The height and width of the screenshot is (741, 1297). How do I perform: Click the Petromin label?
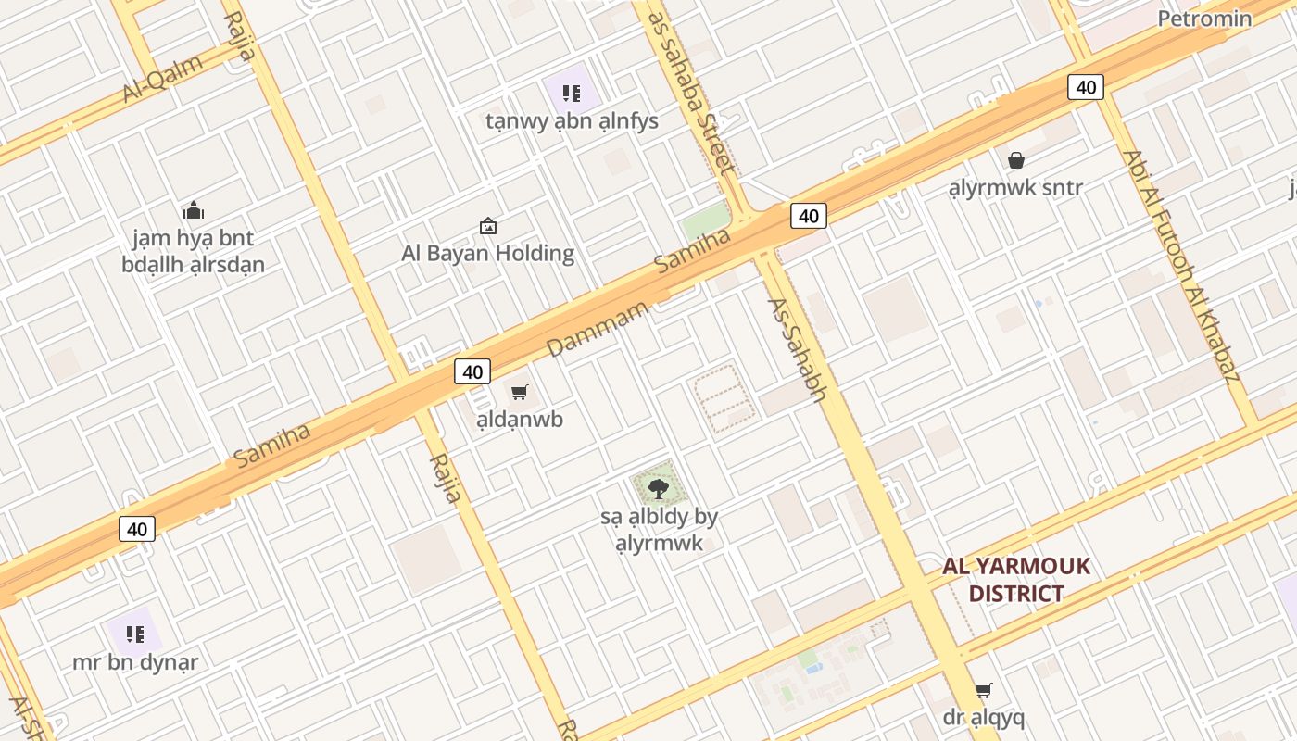tap(1204, 19)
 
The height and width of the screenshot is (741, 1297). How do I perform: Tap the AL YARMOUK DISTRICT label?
tap(1016, 580)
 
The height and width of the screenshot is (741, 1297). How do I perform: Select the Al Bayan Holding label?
tap(487, 253)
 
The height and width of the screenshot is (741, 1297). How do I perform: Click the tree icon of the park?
tap(659, 487)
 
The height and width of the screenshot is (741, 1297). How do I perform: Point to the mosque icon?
tap(193, 210)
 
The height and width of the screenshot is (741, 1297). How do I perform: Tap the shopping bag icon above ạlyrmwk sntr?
tap(1016, 160)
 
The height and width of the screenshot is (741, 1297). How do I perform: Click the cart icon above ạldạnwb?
tap(520, 393)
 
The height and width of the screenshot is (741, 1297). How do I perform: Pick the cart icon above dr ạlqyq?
tap(983, 691)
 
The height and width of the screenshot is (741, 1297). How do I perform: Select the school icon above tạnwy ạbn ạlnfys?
tap(572, 93)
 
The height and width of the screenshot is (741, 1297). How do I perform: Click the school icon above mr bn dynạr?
tap(135, 634)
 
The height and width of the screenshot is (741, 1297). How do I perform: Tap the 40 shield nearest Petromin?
tap(1086, 87)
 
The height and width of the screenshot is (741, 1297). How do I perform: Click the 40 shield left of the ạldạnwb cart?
tap(472, 371)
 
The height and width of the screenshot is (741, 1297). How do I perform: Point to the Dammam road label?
tap(597, 329)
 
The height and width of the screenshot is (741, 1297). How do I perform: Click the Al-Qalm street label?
tap(162, 79)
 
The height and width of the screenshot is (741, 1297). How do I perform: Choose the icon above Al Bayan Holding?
tap(487, 225)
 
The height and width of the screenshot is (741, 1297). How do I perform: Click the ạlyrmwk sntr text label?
tap(1015, 188)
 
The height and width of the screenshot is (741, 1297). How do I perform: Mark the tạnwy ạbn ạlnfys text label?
tap(572, 121)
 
